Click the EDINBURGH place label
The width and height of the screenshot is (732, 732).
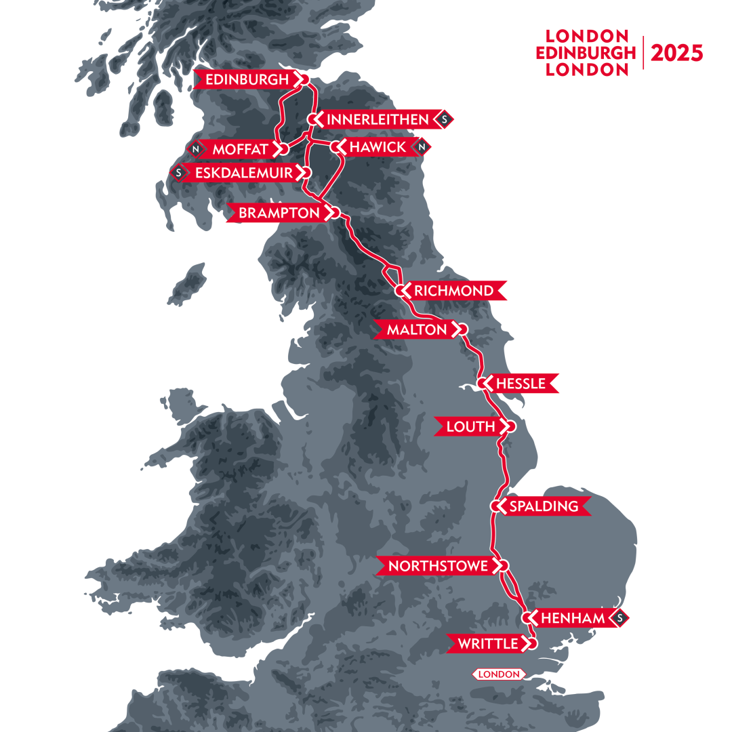[247, 80]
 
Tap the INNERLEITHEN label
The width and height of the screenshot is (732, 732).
[378, 120]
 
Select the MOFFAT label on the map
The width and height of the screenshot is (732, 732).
[239, 148]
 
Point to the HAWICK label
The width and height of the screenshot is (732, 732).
[378, 147]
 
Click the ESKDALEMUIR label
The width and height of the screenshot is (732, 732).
[243, 173]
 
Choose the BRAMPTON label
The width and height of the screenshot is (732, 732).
[278, 213]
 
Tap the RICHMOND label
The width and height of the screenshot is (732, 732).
[454, 291]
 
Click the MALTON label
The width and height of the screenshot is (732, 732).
[417, 330]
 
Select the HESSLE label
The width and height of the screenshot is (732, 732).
[521, 384]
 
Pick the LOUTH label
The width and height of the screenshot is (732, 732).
[470, 426]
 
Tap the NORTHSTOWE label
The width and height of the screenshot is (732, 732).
[439, 566]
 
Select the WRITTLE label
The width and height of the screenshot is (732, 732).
[487, 644]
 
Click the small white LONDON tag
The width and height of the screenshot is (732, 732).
[500, 674]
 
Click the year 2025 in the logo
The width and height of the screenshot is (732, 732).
[676, 54]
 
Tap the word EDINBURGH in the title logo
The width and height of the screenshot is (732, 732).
[586, 54]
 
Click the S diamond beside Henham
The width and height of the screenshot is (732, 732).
[619, 618]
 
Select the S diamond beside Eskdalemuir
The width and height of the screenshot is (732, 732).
[179, 173]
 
